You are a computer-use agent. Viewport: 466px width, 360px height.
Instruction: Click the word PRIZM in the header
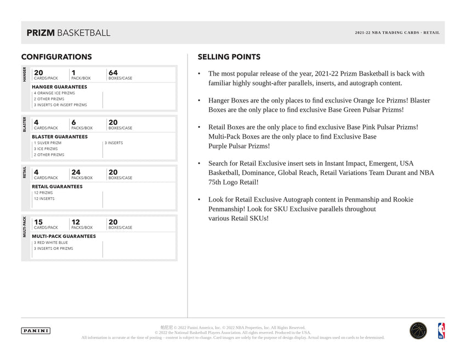(41, 33)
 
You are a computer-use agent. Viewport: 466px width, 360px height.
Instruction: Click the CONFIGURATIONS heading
(56, 57)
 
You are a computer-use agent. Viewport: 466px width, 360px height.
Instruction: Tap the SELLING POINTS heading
(229, 57)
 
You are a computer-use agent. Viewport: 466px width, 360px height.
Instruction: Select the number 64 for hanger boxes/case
(113, 72)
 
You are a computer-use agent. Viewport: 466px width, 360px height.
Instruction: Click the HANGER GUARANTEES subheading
(59, 87)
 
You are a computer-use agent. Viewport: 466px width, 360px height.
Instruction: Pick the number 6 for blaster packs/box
(73, 122)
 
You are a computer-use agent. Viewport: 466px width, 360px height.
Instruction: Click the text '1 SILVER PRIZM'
(48, 143)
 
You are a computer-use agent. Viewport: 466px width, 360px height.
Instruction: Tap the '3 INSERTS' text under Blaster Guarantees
(113, 143)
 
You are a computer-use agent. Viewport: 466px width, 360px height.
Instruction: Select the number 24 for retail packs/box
(76, 172)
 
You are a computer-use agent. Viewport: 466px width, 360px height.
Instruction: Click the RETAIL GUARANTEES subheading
(57, 186)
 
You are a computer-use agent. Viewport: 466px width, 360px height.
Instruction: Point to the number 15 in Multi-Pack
(38, 222)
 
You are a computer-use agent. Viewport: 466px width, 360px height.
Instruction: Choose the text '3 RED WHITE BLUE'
(50, 243)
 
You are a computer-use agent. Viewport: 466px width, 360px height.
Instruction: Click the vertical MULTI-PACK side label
(24, 226)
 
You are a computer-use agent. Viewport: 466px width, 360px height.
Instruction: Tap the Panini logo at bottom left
(36, 330)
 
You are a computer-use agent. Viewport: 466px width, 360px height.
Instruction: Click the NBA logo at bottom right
(441, 330)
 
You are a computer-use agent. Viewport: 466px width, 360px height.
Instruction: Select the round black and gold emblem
(418, 330)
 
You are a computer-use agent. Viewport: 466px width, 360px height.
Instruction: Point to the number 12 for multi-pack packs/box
(76, 222)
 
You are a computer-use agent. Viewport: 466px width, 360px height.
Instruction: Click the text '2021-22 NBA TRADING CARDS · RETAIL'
(397, 33)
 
